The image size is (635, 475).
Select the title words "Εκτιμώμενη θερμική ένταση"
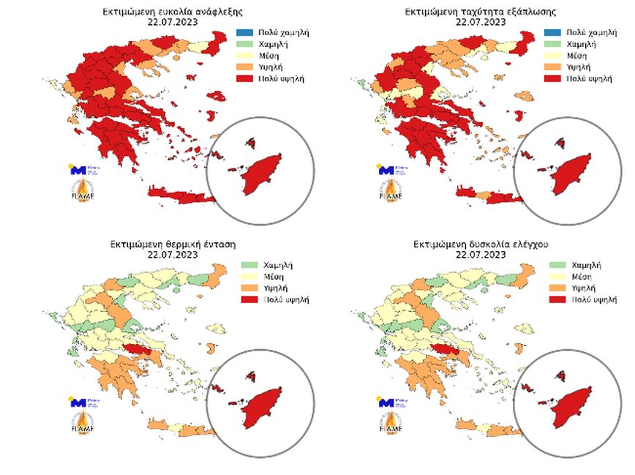click(173, 243)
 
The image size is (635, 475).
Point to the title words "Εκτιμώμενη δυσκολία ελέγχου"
click(480, 243)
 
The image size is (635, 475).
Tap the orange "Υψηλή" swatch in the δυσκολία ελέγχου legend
click(558, 288)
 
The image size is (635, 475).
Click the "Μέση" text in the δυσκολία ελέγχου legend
click(582, 277)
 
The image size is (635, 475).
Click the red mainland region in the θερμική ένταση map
click(136, 350)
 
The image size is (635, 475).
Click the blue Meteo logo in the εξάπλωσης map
click(386, 170)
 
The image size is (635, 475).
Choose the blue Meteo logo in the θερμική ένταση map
click(77, 402)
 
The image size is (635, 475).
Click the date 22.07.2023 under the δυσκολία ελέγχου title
click(480, 255)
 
